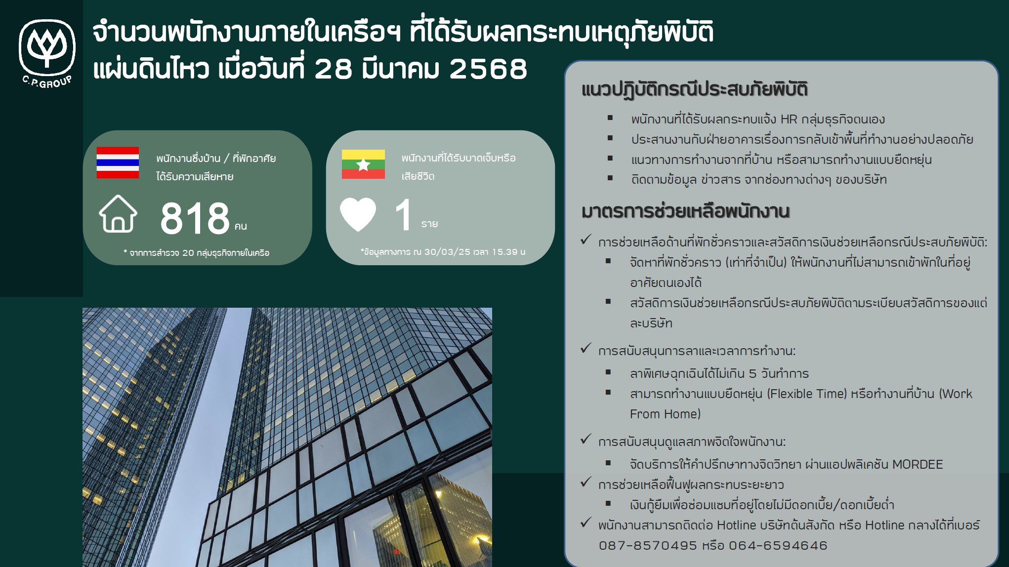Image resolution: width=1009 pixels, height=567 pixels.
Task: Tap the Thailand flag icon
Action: (x=118, y=162)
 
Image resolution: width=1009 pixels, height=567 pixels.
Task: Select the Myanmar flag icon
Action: (x=363, y=164)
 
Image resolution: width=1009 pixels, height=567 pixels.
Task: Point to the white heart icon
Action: (x=358, y=214)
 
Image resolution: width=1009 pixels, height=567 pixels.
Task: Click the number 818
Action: (x=195, y=218)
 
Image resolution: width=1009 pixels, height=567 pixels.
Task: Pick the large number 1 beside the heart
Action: (x=404, y=214)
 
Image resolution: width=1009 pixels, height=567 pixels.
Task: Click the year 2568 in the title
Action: (x=488, y=69)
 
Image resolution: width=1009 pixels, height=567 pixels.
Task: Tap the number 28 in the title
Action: (x=333, y=69)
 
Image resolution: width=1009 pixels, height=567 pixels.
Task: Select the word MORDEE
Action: (x=918, y=464)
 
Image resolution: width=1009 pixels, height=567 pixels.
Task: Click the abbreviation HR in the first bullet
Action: (x=789, y=119)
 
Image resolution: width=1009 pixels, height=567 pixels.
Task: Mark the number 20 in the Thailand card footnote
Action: (x=188, y=253)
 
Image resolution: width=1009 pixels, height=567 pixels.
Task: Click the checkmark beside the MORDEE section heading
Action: (x=586, y=439)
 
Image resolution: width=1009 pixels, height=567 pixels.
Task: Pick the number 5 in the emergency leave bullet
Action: (x=753, y=373)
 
